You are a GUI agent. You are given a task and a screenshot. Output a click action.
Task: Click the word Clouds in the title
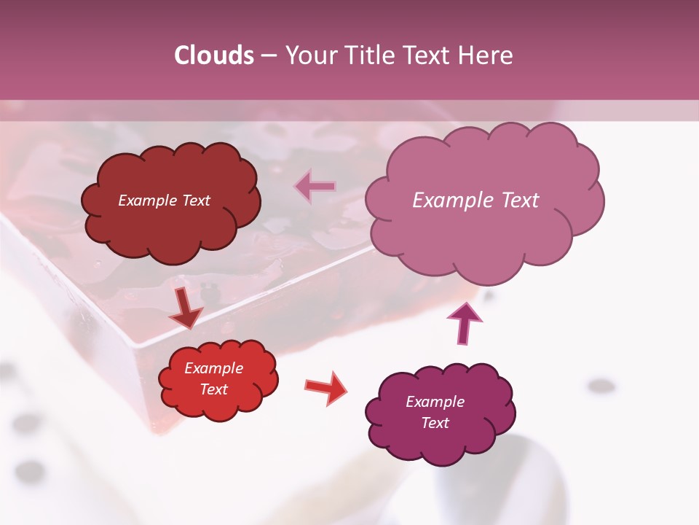pos(214,55)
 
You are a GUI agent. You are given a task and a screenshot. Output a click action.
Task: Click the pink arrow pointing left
pos(315,187)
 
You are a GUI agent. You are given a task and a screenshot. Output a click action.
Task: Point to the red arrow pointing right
pos(325,387)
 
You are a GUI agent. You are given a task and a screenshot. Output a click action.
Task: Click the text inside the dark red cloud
pos(164,201)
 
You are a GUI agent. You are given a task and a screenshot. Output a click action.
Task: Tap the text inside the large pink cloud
pos(475,201)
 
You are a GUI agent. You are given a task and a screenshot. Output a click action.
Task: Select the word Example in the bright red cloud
pos(213,368)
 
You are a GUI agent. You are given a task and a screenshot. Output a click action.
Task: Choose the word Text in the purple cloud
pos(435,423)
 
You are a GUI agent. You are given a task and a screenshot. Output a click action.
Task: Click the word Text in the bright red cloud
pos(213,389)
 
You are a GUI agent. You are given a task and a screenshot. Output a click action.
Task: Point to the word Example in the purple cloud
pos(435,402)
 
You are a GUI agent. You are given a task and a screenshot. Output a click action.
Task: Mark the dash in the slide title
pos(268,55)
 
